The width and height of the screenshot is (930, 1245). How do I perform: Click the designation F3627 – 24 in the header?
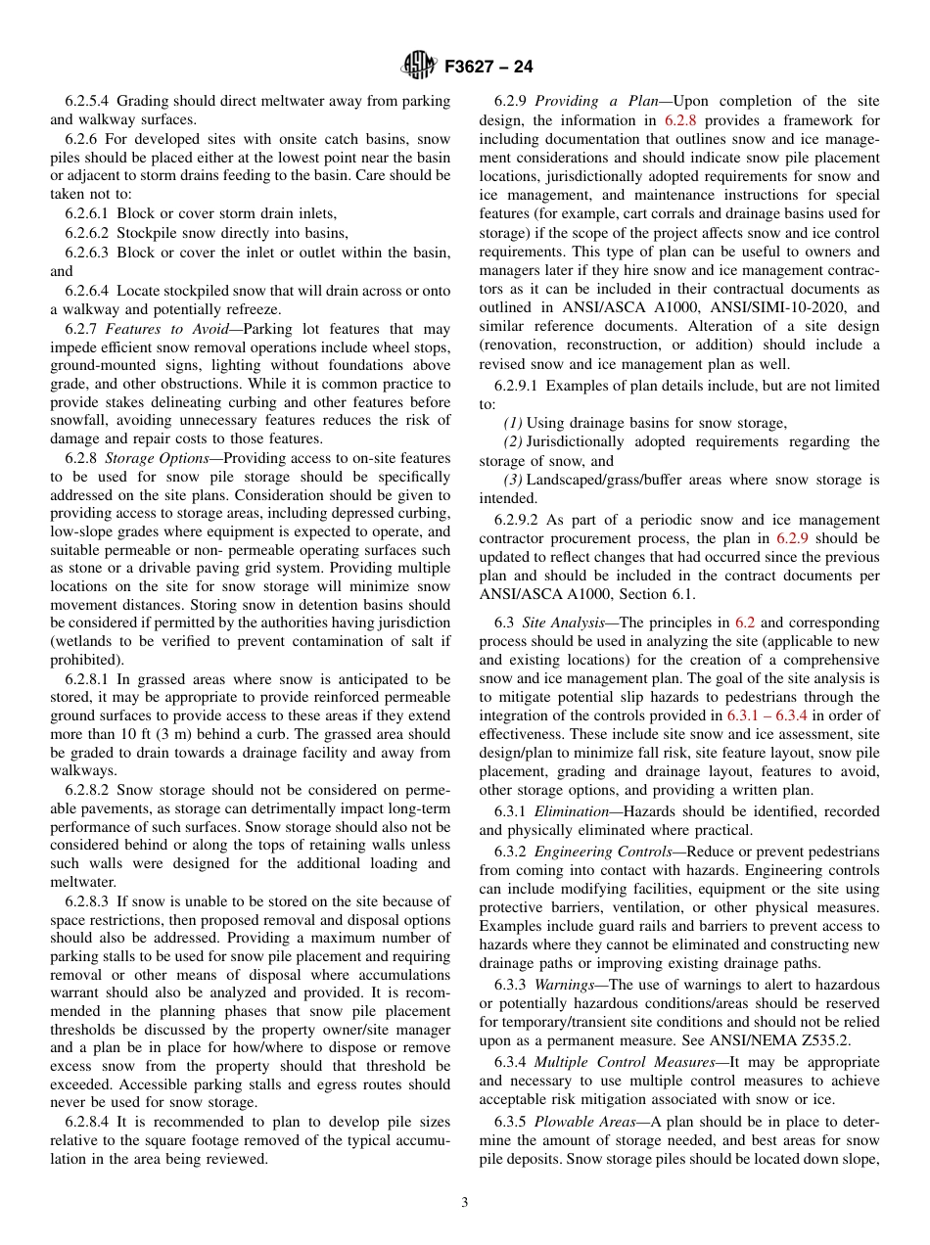point(488,68)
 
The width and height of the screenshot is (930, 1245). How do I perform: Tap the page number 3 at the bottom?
point(464,1203)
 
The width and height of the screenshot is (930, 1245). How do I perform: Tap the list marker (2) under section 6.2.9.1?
point(514,442)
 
